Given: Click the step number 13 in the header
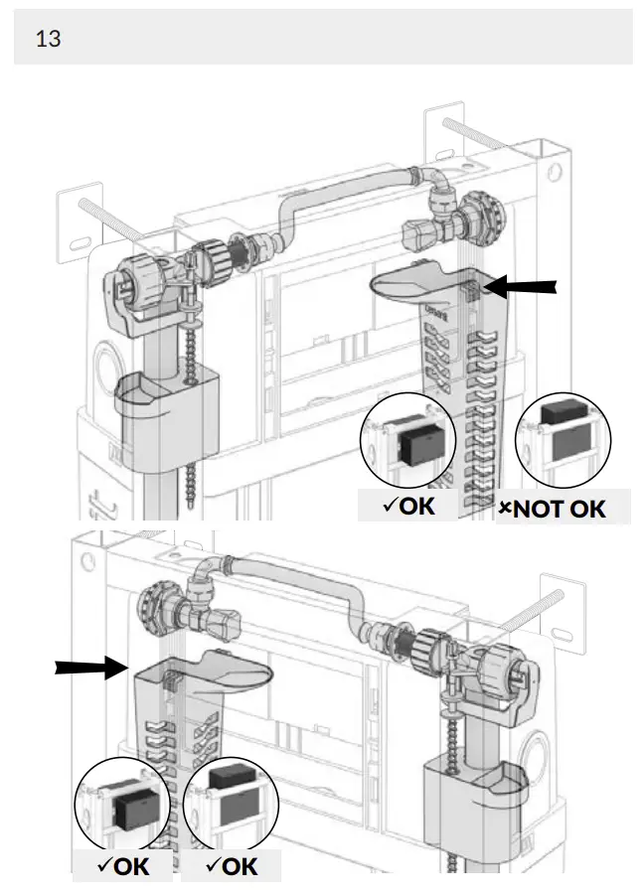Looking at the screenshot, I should [48, 40].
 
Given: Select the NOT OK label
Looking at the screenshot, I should [563, 509].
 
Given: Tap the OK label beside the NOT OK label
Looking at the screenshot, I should [409, 506].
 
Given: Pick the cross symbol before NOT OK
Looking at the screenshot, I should [504, 510].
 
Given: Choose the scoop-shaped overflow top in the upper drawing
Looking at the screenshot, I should [417, 282].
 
